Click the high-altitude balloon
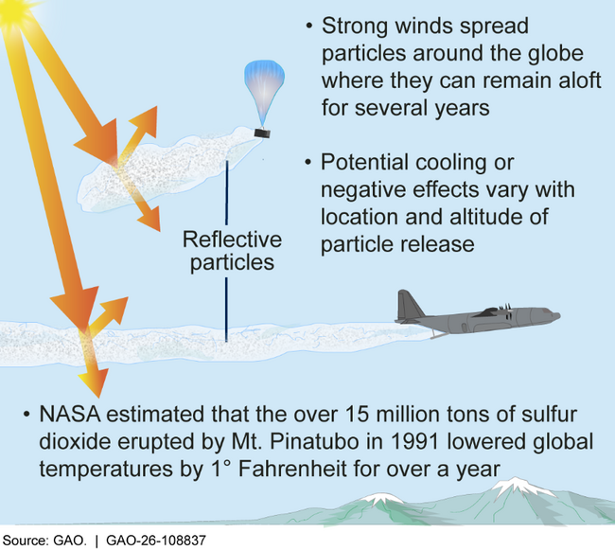tap(262, 90)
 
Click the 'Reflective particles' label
tap(227, 250)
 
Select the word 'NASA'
tap(71, 417)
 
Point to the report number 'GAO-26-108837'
tap(156, 540)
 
